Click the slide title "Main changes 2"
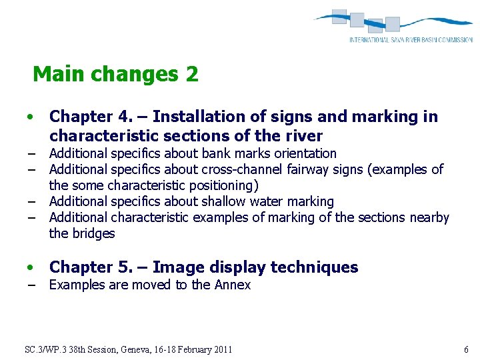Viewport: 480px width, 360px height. [115, 74]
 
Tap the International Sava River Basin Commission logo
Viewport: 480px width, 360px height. [393, 27]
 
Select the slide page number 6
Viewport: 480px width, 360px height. [466, 349]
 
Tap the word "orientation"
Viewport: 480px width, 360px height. [306, 153]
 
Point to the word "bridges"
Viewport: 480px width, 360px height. [93, 233]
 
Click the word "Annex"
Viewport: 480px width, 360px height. [232, 285]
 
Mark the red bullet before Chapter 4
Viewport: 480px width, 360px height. [31, 117]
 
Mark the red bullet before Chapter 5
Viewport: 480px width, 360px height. [31, 268]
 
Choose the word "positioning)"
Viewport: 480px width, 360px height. [224, 185]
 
